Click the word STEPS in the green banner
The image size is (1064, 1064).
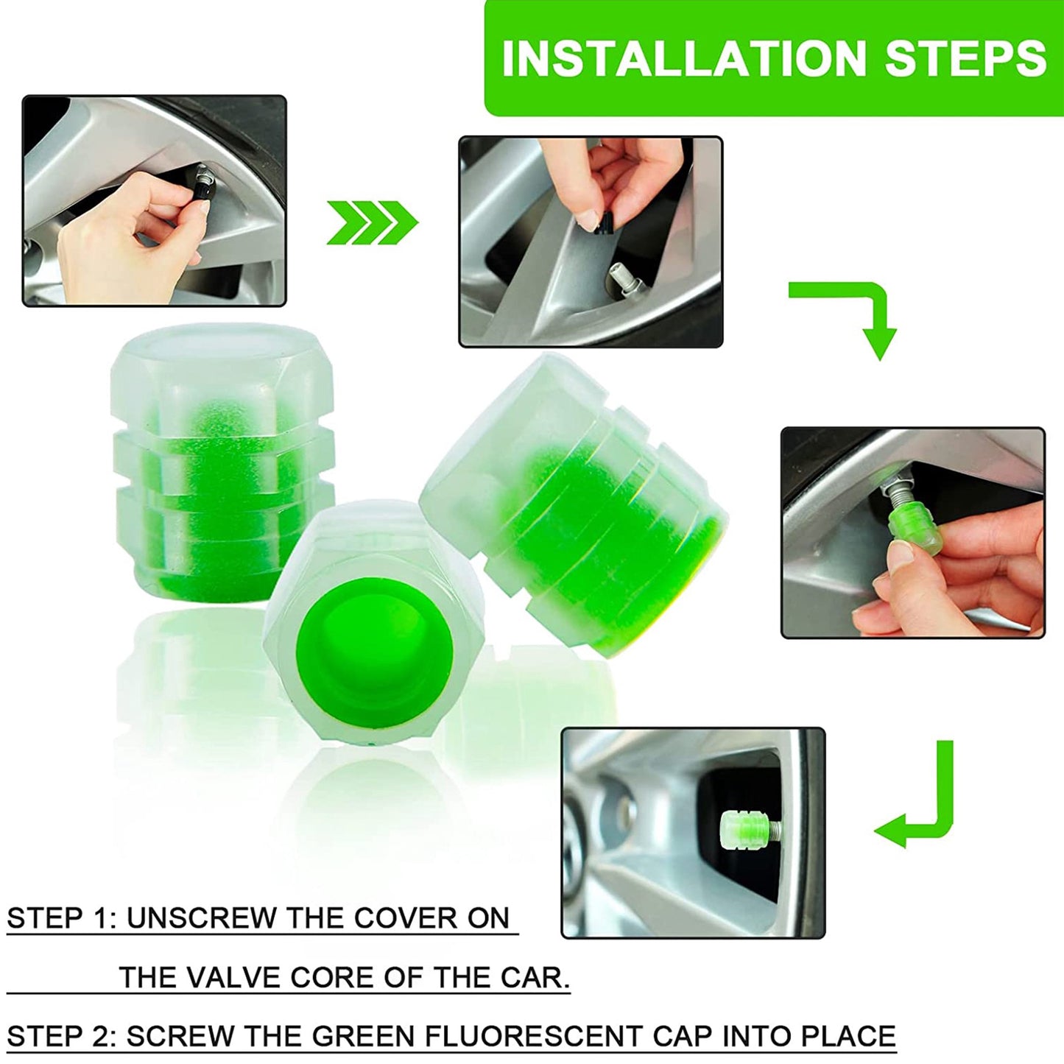coord(965,59)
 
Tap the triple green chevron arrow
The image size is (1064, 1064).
coord(372,222)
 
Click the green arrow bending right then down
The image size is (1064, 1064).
coord(854,313)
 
